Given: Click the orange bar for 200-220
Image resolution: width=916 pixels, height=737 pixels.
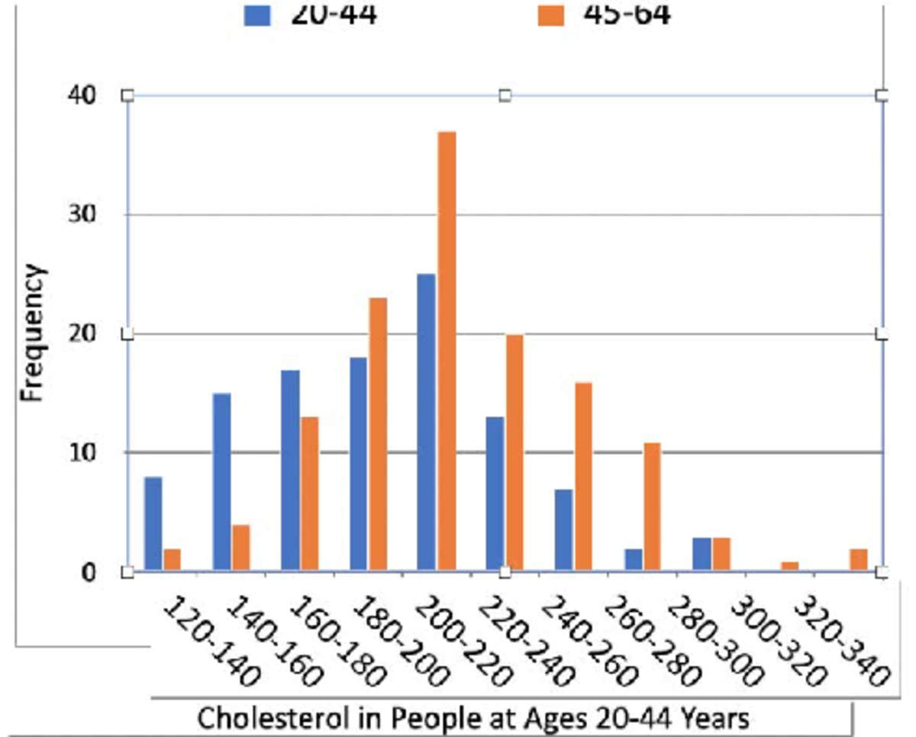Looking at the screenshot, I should [447, 351].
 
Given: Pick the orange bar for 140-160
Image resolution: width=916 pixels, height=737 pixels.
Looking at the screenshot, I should [240, 547].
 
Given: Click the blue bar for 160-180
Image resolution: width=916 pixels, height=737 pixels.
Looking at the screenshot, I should [290, 470].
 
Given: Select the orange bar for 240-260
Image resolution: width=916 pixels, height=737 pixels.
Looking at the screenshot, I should [583, 476].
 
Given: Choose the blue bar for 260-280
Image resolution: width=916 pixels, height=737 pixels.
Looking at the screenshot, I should [633, 559].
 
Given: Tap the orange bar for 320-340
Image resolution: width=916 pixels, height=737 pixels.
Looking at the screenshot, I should [859, 559].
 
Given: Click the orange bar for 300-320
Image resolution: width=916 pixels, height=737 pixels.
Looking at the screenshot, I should [790, 565].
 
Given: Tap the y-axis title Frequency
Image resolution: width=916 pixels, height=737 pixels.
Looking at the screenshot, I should [33, 333].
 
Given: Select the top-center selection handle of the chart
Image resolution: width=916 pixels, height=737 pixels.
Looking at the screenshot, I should [505, 95].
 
